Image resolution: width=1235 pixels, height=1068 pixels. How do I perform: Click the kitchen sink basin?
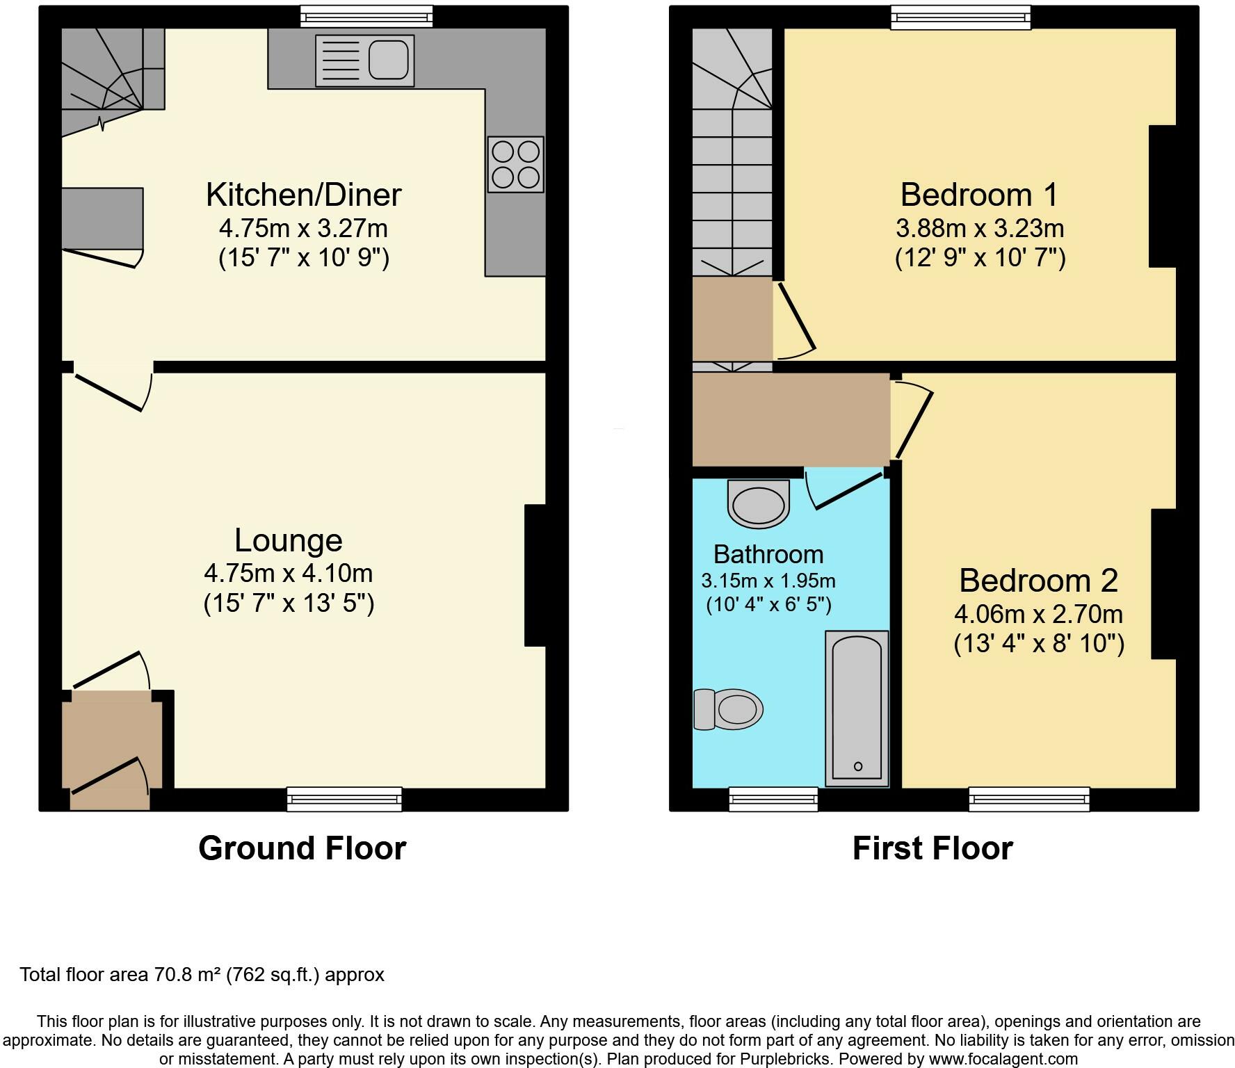pyautogui.click(x=388, y=60)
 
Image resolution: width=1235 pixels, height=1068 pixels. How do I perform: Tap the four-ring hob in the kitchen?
pyautogui.click(x=516, y=165)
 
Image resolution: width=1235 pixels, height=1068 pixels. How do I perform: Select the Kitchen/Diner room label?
pyautogui.click(x=304, y=195)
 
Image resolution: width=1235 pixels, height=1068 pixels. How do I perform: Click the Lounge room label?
pyautogui.click(x=289, y=540)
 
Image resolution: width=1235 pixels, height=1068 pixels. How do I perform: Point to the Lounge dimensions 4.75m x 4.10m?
pyautogui.click(x=289, y=573)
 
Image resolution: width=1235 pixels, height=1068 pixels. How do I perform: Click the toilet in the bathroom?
pyautogui.click(x=728, y=709)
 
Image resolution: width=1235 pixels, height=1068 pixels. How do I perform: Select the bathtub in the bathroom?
pyautogui.click(x=857, y=709)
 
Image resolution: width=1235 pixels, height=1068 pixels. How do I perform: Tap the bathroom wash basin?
pyautogui.click(x=759, y=503)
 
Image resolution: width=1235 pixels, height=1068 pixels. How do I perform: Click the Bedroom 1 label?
pyautogui.click(x=979, y=195)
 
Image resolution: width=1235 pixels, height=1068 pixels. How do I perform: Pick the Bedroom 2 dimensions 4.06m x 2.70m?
pyautogui.click(x=1038, y=614)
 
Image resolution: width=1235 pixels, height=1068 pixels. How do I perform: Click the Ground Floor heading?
pyautogui.click(x=302, y=848)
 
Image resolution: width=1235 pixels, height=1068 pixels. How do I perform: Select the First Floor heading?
pyautogui.click(x=933, y=848)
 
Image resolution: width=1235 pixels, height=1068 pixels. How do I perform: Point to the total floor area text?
pyautogui.click(x=202, y=975)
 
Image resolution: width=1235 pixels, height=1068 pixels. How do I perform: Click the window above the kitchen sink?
pyautogui.click(x=366, y=17)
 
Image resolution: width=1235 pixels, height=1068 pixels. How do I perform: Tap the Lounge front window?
pyautogui.click(x=344, y=799)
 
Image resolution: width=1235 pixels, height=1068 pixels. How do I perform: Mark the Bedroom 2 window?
pyautogui.click(x=1029, y=799)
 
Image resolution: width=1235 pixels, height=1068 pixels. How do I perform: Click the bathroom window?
pyautogui.click(x=773, y=799)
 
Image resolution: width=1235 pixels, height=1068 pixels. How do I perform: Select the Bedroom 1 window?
pyautogui.click(x=960, y=17)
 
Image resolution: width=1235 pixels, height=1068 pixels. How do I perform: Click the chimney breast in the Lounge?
pyautogui.click(x=535, y=576)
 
